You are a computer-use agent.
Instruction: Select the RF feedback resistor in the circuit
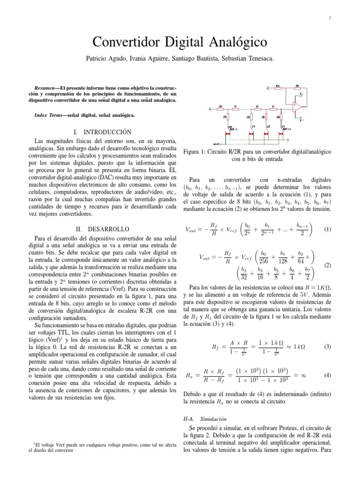tap(297, 86)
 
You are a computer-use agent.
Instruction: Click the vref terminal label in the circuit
tap(217, 143)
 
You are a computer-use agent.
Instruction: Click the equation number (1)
tap(328, 230)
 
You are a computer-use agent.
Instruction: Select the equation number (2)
tap(328, 265)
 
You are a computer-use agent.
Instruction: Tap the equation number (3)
tap(328, 346)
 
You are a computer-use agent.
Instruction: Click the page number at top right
tap(330, 18)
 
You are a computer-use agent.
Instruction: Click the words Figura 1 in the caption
tap(192, 152)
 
